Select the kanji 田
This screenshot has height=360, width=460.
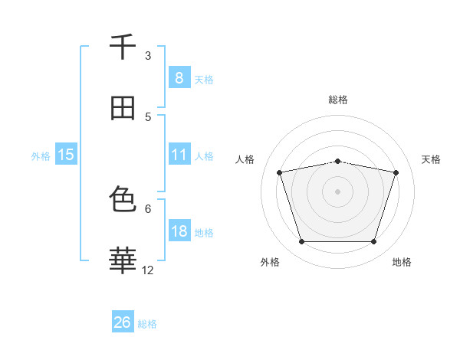[x=123, y=108]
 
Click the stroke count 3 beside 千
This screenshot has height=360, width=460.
[x=148, y=55]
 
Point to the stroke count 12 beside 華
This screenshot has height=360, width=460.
[x=148, y=270]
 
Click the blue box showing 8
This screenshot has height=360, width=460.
[x=179, y=77]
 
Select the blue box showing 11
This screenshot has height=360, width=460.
[x=179, y=155]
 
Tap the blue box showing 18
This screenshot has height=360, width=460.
[x=179, y=231]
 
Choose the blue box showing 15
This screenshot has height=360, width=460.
[x=66, y=155]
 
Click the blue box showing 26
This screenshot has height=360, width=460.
[x=123, y=322]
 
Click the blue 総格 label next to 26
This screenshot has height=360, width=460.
[x=147, y=324]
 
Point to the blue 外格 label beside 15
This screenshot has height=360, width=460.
[x=41, y=155]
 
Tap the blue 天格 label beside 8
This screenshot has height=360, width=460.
[x=204, y=79]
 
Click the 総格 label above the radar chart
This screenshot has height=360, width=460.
[x=338, y=100]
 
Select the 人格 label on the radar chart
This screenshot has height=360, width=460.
[x=245, y=159]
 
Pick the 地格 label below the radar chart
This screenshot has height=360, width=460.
[x=402, y=262]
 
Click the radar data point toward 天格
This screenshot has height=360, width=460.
[x=396, y=172]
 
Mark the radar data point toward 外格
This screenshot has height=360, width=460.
[x=301, y=242]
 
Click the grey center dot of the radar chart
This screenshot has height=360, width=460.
[x=337, y=191]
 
